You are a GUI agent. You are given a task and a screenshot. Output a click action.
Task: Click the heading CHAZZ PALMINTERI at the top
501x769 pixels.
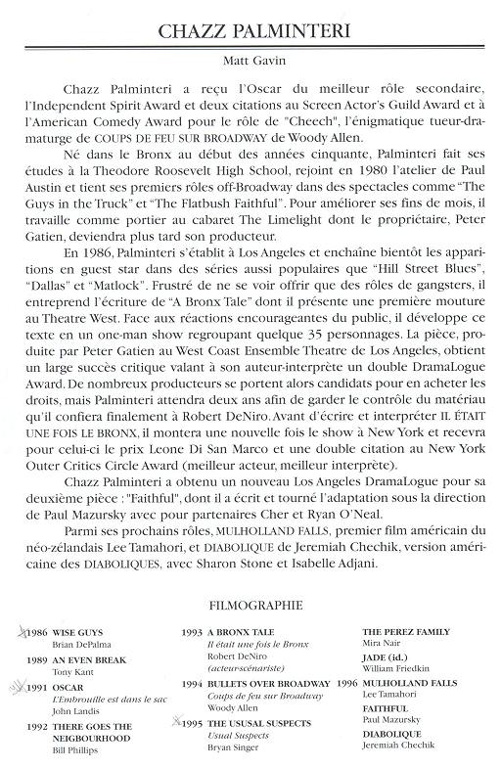tap(250, 32)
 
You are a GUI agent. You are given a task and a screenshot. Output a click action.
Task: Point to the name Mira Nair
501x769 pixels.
tap(380, 646)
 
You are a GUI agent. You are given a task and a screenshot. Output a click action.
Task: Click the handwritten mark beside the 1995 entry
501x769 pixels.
tap(176, 723)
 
